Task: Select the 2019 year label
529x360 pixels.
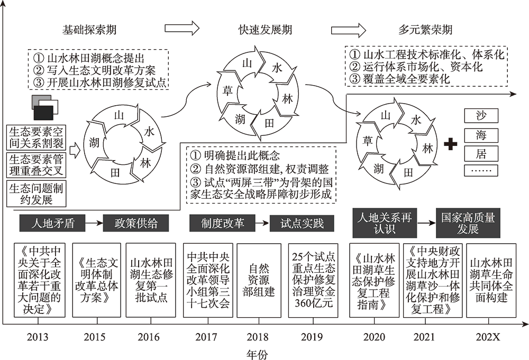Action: (x=312, y=337)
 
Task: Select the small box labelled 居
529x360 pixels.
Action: (x=481, y=153)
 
